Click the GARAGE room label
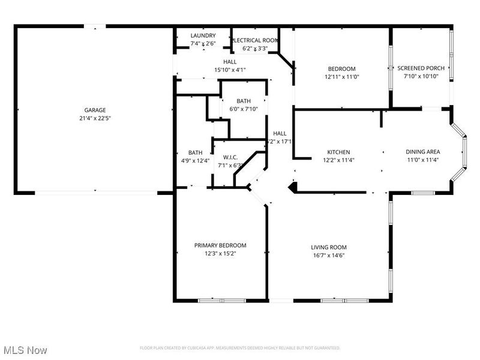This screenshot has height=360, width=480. click(x=95, y=110)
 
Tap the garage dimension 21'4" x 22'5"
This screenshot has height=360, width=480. click(x=95, y=118)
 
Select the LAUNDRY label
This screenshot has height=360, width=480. click(x=203, y=36)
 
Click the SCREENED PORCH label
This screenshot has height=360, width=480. click(x=421, y=68)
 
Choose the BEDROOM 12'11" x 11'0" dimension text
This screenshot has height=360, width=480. click(x=341, y=77)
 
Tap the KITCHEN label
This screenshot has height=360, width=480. click(x=338, y=152)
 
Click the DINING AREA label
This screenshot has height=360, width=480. click(x=423, y=152)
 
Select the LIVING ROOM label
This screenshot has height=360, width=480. click(x=328, y=247)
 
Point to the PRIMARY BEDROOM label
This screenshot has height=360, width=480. click(x=220, y=245)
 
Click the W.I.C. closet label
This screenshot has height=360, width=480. click(x=230, y=157)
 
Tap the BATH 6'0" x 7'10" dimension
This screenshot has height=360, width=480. click(x=243, y=109)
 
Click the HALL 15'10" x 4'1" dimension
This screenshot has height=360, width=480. click(x=230, y=70)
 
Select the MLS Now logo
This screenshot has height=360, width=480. click(x=25, y=349)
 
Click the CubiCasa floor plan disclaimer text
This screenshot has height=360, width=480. click(x=240, y=348)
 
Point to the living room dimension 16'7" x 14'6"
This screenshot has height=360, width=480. click(x=328, y=255)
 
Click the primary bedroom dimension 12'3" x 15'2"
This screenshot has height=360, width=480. click(x=220, y=253)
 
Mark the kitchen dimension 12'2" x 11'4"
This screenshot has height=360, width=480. click(x=338, y=160)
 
